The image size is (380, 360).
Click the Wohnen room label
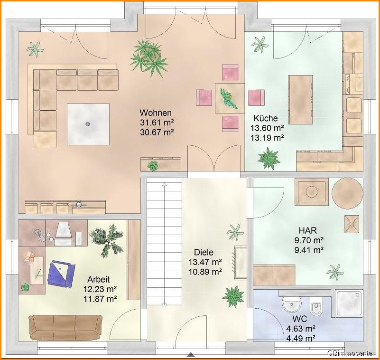(156, 113)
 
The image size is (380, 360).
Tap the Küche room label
(266, 118)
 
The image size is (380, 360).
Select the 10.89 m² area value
(205, 272)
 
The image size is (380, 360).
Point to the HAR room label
(308, 230)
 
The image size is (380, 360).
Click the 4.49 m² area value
(301, 338)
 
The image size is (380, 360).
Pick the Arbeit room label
(99, 279)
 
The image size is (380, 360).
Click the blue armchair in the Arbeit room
(61, 274)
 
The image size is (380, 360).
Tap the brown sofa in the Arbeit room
(65, 328)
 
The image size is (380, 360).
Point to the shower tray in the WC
(349, 303)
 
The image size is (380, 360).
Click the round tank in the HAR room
(347, 193)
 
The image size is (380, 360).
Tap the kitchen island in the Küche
(300, 99)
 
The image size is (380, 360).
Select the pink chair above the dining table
(230, 72)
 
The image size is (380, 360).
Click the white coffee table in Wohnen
(88, 124)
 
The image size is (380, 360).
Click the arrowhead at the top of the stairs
(165, 185)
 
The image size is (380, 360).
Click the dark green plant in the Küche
(269, 159)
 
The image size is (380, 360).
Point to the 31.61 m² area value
(157, 123)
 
